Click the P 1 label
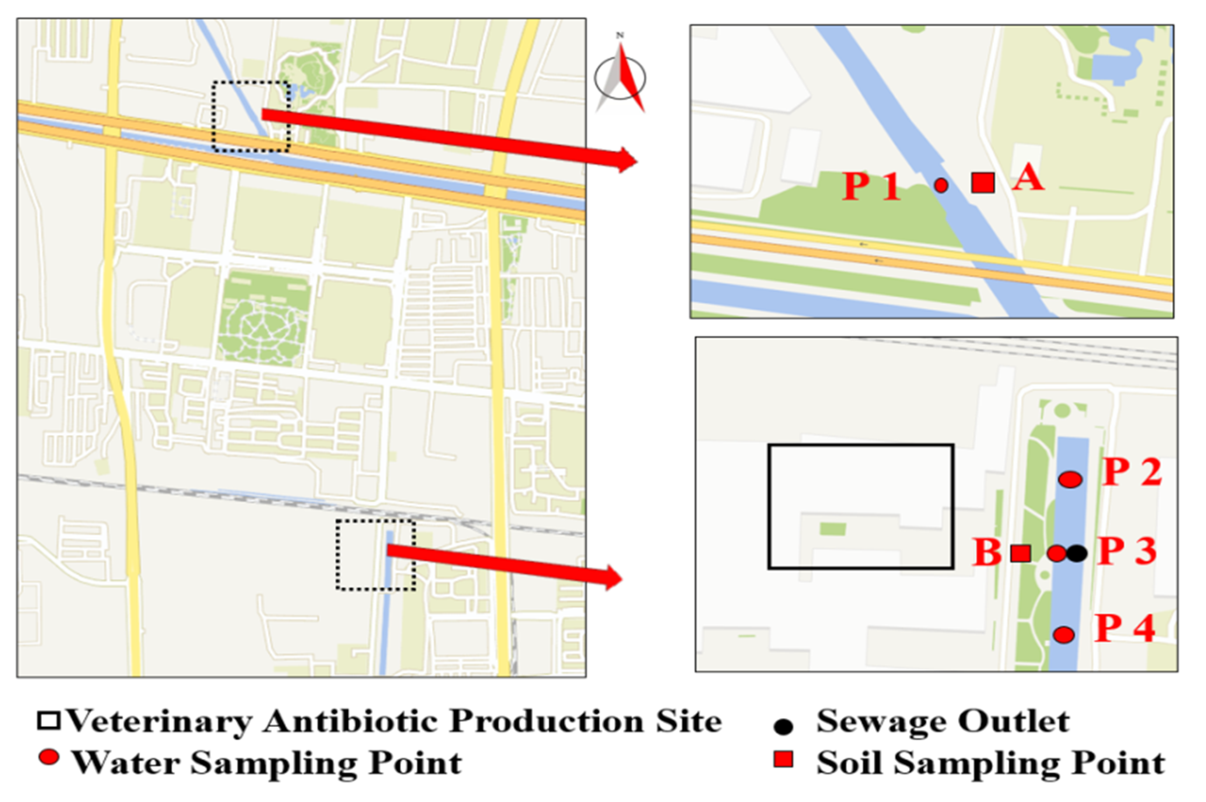pyautogui.click(x=871, y=186)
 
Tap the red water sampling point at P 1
pyautogui.click(x=940, y=185)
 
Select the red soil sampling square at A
pyautogui.click(x=982, y=183)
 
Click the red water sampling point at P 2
pyautogui.click(x=1070, y=479)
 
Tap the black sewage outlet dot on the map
pyautogui.click(x=1077, y=553)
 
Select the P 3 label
pyautogui.click(x=1127, y=551)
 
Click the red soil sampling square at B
pyautogui.click(x=1020, y=553)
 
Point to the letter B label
pyautogui.click(x=986, y=552)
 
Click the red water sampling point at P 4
pyautogui.click(x=1064, y=635)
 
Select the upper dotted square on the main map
pyautogui.click(x=251, y=117)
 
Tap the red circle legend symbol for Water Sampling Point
pyautogui.click(x=49, y=757)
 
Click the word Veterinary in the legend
pyautogui.click(x=160, y=722)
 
